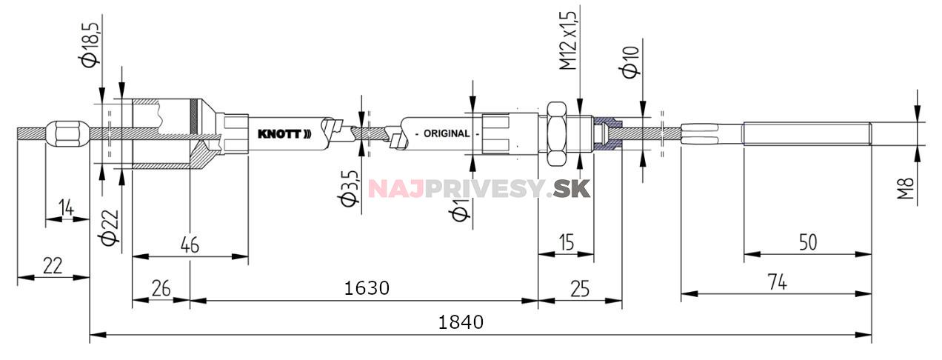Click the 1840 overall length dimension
tap(461, 322)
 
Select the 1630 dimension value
tap(367, 287)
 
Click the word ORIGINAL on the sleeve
tap(446, 134)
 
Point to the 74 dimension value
tap(776, 281)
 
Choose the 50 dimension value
tap(808, 242)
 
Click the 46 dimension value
tap(190, 245)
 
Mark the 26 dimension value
tap(161, 288)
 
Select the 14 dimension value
tap(67, 208)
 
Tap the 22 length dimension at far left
tap(52, 266)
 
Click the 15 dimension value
tap(566, 242)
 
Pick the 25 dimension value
tap(580, 288)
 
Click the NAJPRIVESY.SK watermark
tap(479, 188)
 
